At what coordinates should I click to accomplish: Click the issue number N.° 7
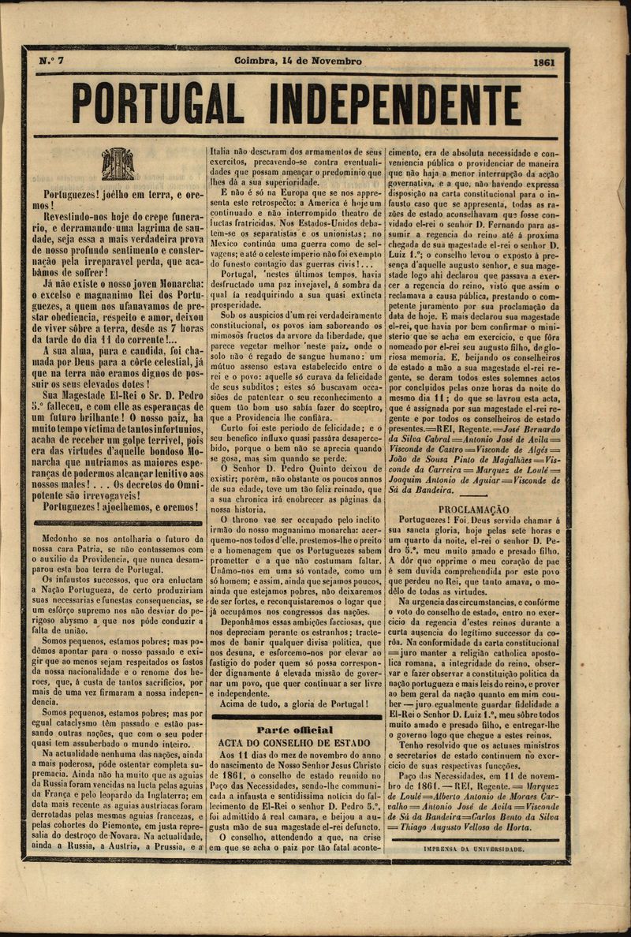coord(53,62)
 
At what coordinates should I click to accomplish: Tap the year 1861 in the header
coord(544,62)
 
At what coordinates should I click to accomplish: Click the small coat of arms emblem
coord(118,164)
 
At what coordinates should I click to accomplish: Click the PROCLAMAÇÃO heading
coord(473,510)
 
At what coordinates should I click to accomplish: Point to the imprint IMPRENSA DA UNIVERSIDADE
coord(473,849)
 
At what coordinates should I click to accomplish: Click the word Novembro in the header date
coord(335,62)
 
